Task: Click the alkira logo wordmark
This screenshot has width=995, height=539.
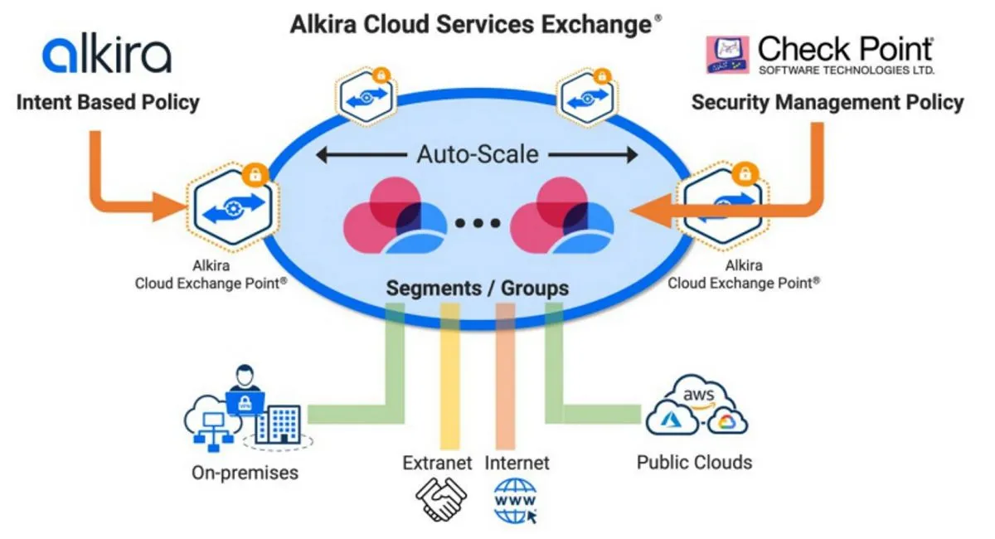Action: pos(107,55)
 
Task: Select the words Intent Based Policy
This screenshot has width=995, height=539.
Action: pos(108,103)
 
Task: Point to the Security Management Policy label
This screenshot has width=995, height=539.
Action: pos(828,103)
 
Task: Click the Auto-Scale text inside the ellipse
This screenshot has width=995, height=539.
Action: pos(478,154)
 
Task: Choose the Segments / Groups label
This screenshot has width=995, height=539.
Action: pos(478,289)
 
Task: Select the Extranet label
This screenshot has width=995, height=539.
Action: pos(437,463)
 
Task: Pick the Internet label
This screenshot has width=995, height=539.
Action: pos(517,463)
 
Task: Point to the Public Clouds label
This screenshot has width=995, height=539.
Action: pos(694,462)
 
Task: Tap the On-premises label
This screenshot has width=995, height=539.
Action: pos(245,473)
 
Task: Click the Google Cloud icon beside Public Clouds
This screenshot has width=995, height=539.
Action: pos(727,422)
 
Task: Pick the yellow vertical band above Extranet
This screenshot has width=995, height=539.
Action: pos(449,373)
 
